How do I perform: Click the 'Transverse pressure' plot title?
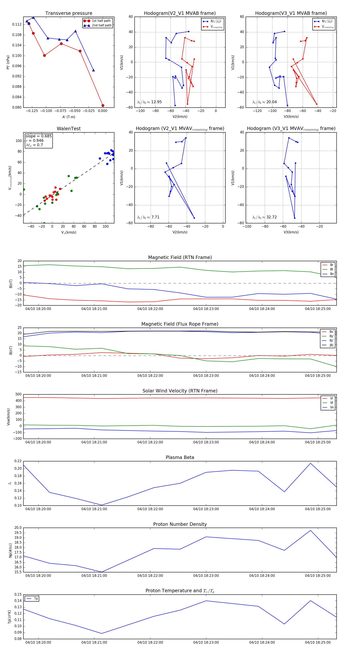click(x=69, y=13)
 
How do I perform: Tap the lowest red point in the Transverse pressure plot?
click(x=103, y=106)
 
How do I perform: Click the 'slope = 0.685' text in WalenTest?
click(x=38, y=136)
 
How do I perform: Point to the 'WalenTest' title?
click(x=69, y=129)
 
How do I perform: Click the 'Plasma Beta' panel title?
click(x=180, y=458)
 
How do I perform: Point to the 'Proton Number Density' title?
click(x=180, y=524)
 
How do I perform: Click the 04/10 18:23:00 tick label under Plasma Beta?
click(x=206, y=509)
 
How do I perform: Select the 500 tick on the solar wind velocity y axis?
click(x=18, y=395)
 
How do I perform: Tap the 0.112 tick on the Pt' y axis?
click(x=17, y=25)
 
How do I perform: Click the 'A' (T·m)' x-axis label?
click(x=69, y=117)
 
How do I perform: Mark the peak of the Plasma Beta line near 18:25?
click(x=311, y=463)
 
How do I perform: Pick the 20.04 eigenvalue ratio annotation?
click(x=264, y=102)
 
